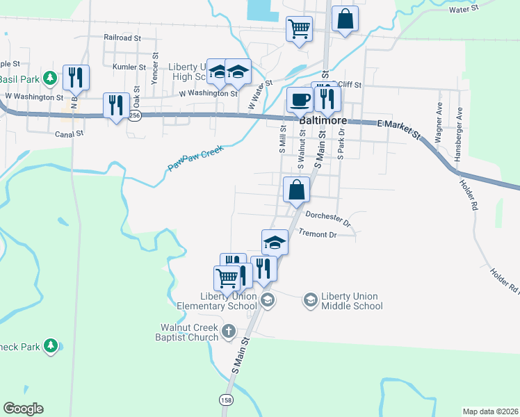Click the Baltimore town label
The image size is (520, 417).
[x=323, y=120]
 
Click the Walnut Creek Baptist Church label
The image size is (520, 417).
[x=189, y=332]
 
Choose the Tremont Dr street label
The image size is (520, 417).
[x=317, y=234]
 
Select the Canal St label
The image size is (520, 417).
[x=70, y=133]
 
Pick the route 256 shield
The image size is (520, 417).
[x=135, y=116]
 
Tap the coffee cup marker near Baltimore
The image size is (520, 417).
[x=300, y=99]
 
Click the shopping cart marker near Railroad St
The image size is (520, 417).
[x=299, y=29]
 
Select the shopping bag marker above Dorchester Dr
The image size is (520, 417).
[x=296, y=190]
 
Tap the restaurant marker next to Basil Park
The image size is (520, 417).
[x=76, y=77]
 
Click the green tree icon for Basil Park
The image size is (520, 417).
[x=49, y=78]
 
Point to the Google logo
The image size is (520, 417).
[x=23, y=409]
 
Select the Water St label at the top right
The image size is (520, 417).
[x=464, y=9]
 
